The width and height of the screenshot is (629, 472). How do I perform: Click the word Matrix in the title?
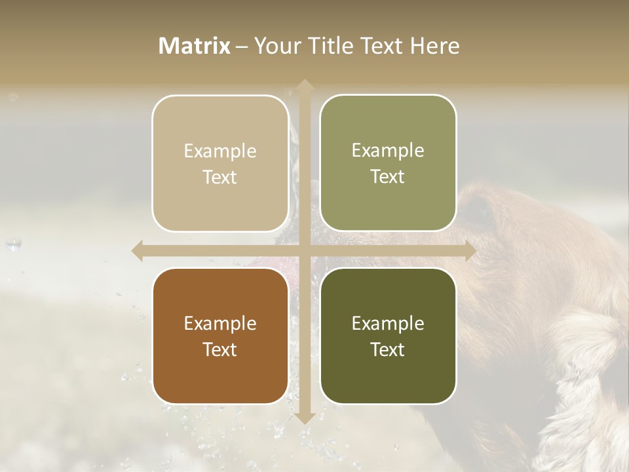(x=195, y=46)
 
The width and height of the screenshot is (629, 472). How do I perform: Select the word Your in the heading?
(x=275, y=46)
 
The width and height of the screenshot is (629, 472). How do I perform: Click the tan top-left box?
(x=220, y=163)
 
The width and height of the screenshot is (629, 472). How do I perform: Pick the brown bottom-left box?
(x=220, y=336)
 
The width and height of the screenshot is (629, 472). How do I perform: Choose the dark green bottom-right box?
(x=388, y=336)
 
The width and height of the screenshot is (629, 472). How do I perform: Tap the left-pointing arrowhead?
(x=138, y=250)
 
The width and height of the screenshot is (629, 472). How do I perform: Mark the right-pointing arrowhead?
(x=470, y=250)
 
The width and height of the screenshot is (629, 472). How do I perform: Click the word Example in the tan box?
(x=220, y=151)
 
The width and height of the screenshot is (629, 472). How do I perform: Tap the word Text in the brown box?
(x=220, y=349)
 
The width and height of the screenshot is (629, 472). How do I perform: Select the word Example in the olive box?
(x=388, y=151)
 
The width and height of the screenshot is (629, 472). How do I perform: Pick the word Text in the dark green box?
(x=388, y=349)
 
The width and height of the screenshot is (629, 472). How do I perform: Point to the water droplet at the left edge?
(x=12, y=245)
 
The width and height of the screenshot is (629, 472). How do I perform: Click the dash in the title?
(x=242, y=47)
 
